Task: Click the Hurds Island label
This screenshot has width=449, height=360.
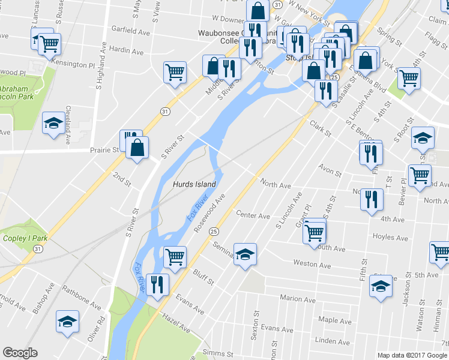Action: tap(194, 184)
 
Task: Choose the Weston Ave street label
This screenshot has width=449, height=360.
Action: tap(312, 264)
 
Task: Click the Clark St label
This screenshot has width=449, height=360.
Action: tap(320, 127)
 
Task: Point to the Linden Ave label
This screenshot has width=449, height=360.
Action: tap(332, 341)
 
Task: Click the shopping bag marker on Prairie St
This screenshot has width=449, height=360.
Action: tap(137, 148)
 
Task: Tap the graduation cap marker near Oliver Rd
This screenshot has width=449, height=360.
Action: tap(68, 322)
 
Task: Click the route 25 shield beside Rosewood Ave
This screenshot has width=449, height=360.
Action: tap(214, 232)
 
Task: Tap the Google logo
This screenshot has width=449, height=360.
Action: tap(20, 353)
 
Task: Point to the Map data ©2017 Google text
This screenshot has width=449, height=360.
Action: tap(412, 355)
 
